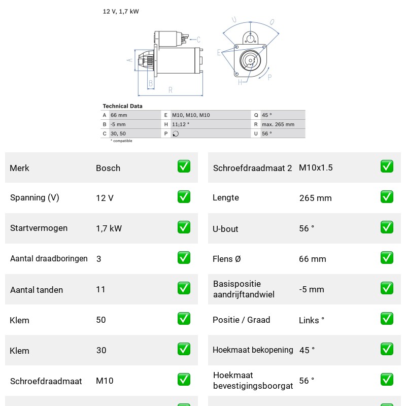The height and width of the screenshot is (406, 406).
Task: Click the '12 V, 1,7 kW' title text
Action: click(121, 11)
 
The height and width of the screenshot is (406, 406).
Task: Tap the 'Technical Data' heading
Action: click(122, 106)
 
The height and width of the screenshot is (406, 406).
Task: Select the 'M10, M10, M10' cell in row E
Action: click(191, 115)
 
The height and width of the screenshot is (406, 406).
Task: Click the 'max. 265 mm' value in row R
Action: click(278, 124)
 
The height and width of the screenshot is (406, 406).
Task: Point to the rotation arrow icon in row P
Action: click(176, 133)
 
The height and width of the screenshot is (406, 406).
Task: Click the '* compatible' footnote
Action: click(121, 141)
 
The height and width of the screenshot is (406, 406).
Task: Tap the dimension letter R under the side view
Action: click(170, 90)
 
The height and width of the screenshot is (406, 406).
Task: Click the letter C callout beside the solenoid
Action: click(198, 40)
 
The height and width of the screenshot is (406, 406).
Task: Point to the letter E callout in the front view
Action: click(219, 53)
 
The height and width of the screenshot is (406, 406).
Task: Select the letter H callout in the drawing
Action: click(240, 82)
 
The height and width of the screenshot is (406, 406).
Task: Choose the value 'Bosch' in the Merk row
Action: click(108, 168)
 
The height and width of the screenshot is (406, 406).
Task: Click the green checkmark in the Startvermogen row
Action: click(184, 227)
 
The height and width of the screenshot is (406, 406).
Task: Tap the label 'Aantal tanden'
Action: click(37, 290)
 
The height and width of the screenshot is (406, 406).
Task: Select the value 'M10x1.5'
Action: click(316, 167)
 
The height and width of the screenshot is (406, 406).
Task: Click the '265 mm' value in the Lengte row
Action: click(315, 198)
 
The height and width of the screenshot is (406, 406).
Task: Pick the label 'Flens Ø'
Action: click(226, 259)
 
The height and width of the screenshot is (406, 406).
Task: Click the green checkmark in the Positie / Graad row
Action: click(387, 319)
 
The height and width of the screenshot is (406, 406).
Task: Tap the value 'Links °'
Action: click(312, 320)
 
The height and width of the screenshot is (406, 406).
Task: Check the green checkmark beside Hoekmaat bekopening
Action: click(387, 349)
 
